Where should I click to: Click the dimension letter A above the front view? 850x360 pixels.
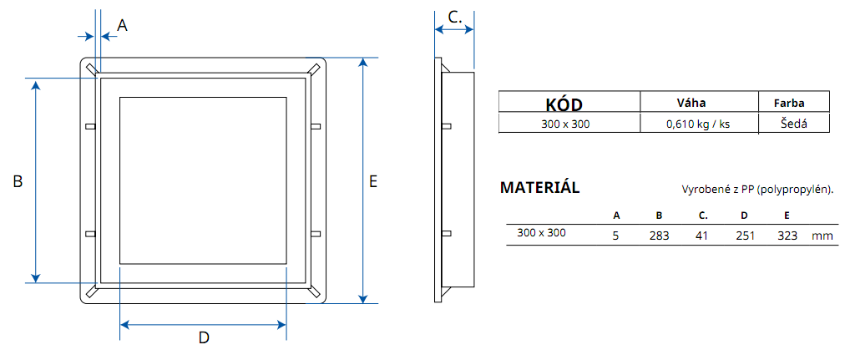(122, 26)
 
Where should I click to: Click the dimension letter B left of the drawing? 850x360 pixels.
(18, 181)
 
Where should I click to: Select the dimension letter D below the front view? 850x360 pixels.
(203, 337)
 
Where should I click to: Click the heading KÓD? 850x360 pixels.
(564, 104)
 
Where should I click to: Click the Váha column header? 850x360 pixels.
(691, 103)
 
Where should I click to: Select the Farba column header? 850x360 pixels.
(789, 103)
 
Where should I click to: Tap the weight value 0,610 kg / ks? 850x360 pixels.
(698, 124)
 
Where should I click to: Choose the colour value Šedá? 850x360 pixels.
(793, 124)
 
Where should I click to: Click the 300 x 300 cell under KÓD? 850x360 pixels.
(565, 124)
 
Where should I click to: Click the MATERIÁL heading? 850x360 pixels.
(539, 187)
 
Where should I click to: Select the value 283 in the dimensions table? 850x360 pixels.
(660, 236)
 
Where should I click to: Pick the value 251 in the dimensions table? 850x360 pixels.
(744, 236)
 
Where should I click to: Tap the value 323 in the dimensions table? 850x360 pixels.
(787, 236)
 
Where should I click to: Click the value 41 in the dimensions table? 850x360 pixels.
(701, 236)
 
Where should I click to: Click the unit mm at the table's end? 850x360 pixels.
(822, 236)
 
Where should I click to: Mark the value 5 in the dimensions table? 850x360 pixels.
(616, 236)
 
